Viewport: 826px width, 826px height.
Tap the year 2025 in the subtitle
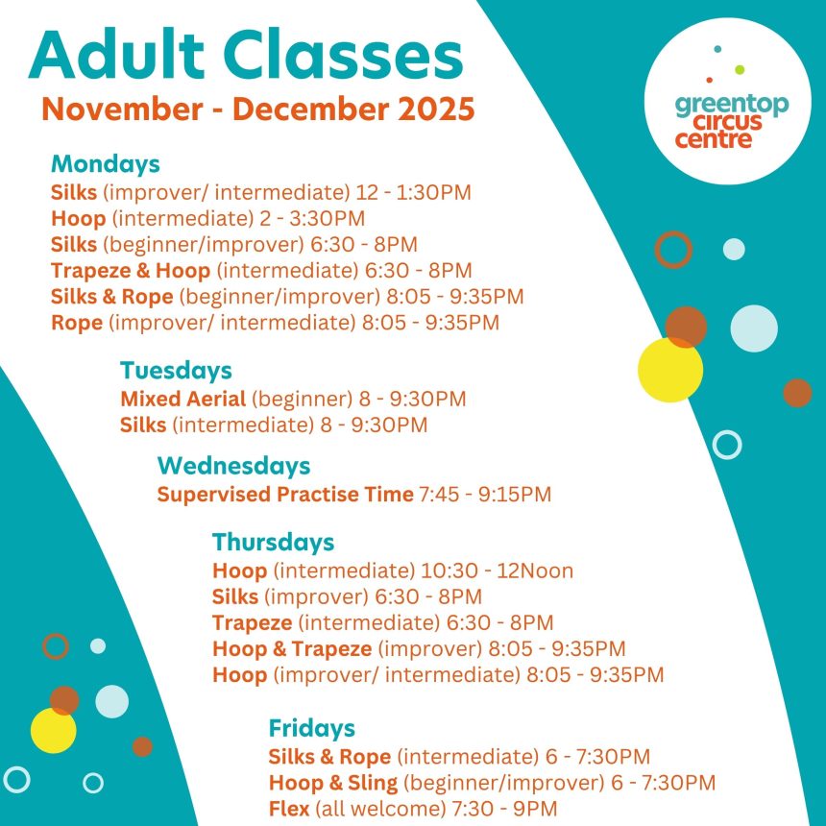pyautogui.click(x=436, y=109)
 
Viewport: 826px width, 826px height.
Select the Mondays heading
pyautogui.click(x=106, y=163)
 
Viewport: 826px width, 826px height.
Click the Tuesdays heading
pyautogui.click(x=176, y=370)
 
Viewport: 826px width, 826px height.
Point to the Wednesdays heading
pyautogui.click(x=233, y=466)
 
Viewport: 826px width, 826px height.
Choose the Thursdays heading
pyautogui.click(x=273, y=542)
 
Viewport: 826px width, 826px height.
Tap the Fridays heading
pyautogui.click(x=311, y=727)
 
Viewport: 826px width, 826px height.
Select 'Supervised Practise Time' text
pyautogui.click(x=284, y=495)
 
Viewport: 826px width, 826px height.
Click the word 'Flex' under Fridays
pyautogui.click(x=289, y=808)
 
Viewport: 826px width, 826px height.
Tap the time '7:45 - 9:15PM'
pyautogui.click(x=485, y=495)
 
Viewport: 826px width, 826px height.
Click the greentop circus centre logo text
pyautogui.click(x=731, y=121)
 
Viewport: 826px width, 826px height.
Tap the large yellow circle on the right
pyautogui.click(x=669, y=370)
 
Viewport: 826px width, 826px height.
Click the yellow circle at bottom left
pyautogui.click(x=53, y=730)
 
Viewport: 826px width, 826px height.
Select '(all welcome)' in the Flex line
pyautogui.click(x=368, y=808)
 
